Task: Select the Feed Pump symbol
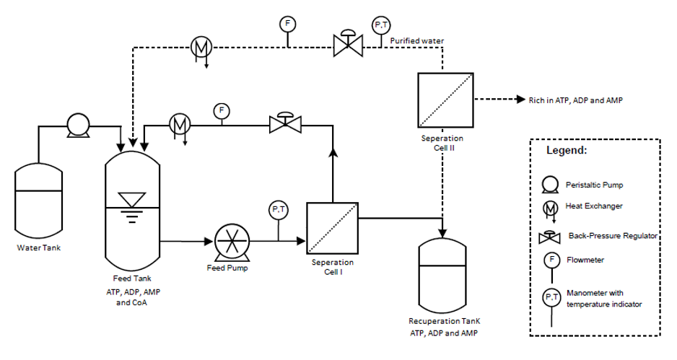(232, 242)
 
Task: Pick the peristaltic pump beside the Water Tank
(76, 126)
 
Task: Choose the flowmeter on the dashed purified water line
(287, 24)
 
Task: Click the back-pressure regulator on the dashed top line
(349, 45)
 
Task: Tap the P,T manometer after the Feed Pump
(278, 209)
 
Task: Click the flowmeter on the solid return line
(221, 111)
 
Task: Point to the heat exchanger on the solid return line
(179, 124)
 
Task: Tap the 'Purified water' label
(417, 41)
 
